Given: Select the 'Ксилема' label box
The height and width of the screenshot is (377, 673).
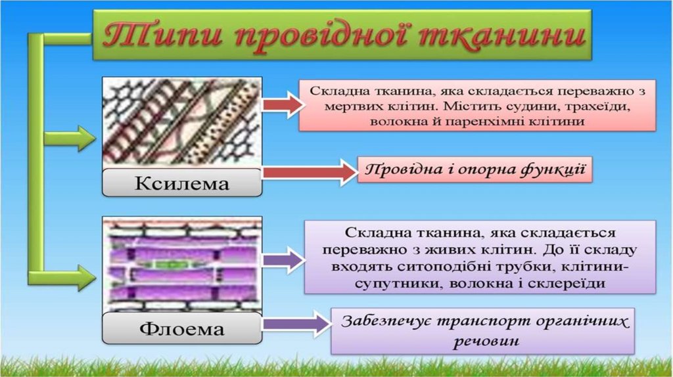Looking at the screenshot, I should [x=182, y=183].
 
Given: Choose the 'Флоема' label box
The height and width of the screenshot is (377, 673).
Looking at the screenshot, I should [x=183, y=327].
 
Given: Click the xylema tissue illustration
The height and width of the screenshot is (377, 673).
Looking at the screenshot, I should [x=182, y=122].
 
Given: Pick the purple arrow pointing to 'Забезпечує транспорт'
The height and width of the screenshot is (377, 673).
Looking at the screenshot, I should [x=295, y=323].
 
